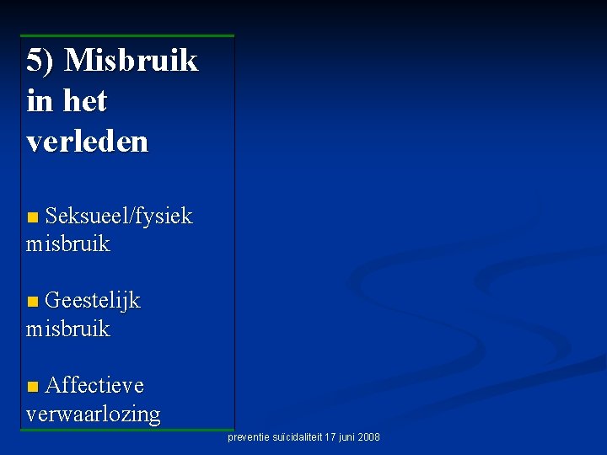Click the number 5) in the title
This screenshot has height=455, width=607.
point(41,61)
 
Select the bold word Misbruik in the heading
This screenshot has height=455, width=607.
point(131,61)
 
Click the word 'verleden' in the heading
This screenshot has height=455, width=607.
point(87,142)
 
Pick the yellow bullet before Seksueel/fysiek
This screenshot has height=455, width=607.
point(32,218)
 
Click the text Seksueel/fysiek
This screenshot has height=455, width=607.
point(119,217)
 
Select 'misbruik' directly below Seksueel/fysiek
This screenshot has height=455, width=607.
point(68,244)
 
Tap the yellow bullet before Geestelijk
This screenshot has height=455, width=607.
point(32,302)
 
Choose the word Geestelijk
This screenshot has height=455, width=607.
point(93,301)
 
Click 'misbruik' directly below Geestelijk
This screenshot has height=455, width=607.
point(68,329)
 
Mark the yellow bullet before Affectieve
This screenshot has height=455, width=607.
point(32,387)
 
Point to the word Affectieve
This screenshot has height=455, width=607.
point(94,385)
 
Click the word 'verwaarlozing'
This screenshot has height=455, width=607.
point(93,414)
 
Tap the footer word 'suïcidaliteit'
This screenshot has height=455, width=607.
point(295,437)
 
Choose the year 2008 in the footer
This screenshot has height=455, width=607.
point(369,437)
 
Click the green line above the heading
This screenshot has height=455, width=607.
point(127,36)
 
